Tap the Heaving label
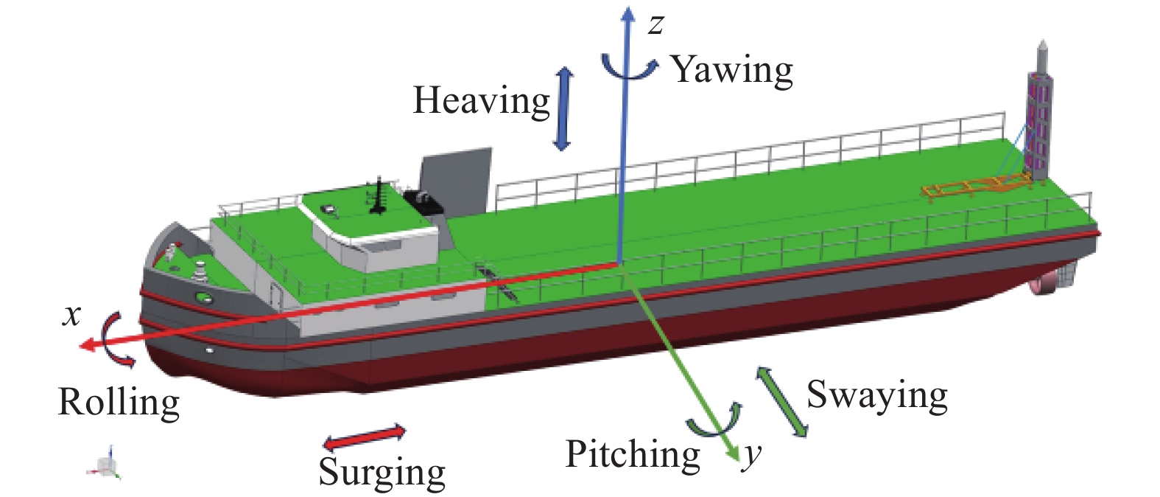[481, 101]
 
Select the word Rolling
[119, 403]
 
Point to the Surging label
[382, 472]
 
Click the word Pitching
[633, 454]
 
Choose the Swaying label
[876, 396]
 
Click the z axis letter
[655, 25]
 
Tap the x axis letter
[71, 316]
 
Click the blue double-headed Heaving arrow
[563, 109]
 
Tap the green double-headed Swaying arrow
[781, 401]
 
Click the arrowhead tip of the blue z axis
[628, 11]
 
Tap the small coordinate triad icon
[108, 462]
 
